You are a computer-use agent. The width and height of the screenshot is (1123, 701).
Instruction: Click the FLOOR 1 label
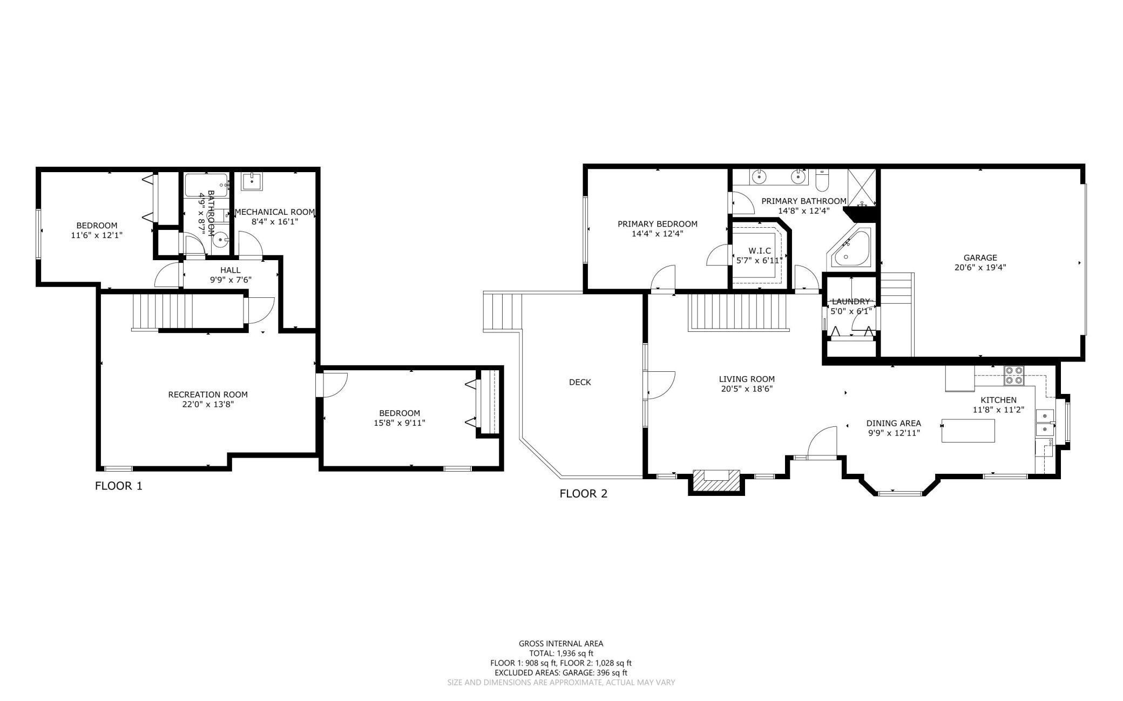click(119, 486)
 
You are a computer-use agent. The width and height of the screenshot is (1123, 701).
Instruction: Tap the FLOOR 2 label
click(584, 493)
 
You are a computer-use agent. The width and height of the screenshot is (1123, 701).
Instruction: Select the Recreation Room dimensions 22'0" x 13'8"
click(208, 404)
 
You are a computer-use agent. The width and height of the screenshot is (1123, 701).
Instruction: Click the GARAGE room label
click(980, 257)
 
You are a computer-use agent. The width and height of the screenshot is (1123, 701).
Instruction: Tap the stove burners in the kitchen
click(1013, 375)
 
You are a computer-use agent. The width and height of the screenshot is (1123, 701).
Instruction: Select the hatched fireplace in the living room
click(716, 480)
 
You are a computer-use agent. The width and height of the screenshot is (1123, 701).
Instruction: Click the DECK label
click(580, 382)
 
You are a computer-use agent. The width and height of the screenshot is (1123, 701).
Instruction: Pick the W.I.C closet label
click(759, 250)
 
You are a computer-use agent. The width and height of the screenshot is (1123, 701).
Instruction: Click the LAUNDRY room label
click(851, 302)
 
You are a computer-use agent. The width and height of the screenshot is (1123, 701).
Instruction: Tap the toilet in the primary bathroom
click(822, 180)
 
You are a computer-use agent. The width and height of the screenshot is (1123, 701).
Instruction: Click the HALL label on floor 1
click(231, 270)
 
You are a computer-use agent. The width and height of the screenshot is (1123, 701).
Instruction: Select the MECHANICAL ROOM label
click(275, 212)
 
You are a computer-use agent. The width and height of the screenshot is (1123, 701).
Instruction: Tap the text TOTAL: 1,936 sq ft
click(561, 653)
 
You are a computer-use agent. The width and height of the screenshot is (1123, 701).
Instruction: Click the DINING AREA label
click(894, 423)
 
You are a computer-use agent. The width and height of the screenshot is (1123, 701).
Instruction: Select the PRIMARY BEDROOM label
click(658, 224)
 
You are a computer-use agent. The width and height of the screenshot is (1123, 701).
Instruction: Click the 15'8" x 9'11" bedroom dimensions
click(400, 423)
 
